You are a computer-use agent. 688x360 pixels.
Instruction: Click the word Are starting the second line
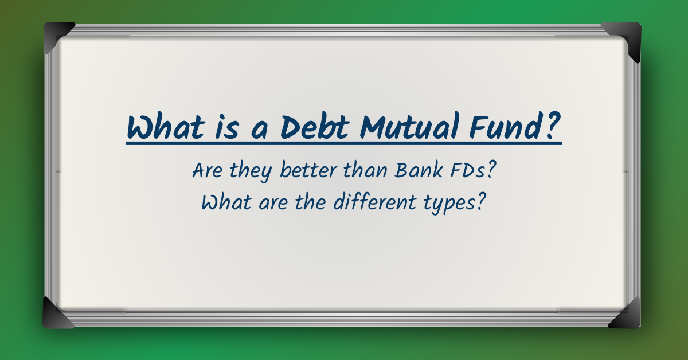point(208,171)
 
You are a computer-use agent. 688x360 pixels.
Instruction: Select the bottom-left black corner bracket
point(58,314)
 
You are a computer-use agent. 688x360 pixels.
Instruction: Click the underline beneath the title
point(344,143)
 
